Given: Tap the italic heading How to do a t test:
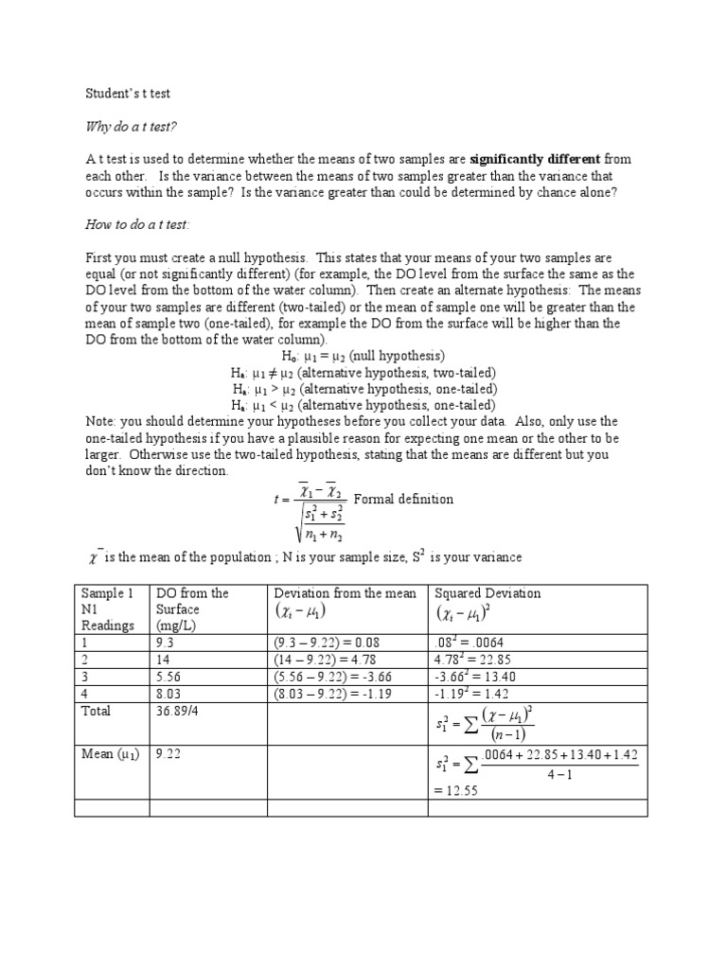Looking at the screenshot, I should (137, 224).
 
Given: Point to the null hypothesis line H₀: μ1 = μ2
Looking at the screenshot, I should (363, 356).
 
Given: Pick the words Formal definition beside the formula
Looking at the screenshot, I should (403, 499).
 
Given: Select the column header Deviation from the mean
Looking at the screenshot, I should (345, 593).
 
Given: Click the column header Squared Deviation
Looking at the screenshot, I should (488, 593).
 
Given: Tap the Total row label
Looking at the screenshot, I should (96, 711).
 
